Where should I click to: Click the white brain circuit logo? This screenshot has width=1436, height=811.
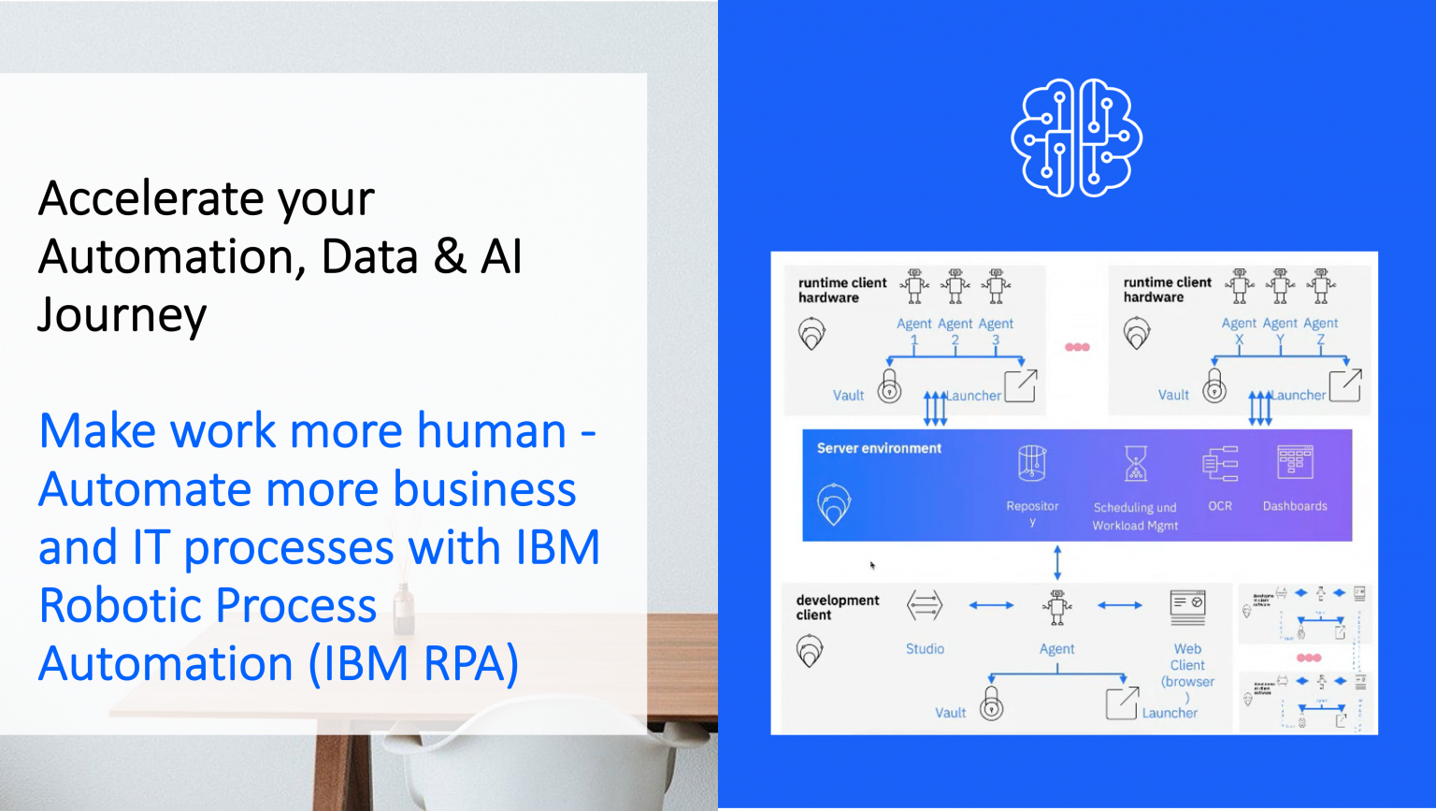(x=1076, y=138)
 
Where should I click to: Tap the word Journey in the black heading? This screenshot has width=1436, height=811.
(x=122, y=315)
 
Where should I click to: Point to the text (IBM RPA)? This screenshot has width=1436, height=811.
(x=413, y=664)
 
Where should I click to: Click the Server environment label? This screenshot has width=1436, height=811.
(x=879, y=448)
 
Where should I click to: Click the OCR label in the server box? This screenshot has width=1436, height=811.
(x=1220, y=506)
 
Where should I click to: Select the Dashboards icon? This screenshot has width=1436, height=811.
(x=1295, y=463)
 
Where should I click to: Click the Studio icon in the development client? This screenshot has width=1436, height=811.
(x=925, y=606)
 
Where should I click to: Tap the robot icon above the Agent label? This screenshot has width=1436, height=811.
(x=1057, y=606)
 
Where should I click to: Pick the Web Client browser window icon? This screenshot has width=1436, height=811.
(x=1187, y=607)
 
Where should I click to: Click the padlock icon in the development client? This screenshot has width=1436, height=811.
(x=991, y=703)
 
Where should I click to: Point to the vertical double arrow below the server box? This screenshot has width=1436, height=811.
(x=1057, y=562)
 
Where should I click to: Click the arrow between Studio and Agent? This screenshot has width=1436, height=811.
(x=991, y=605)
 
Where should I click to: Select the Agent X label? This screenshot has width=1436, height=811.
(x=1239, y=330)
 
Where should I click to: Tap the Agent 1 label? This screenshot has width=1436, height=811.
(x=913, y=331)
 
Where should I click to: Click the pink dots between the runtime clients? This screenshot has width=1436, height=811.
(x=1077, y=347)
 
